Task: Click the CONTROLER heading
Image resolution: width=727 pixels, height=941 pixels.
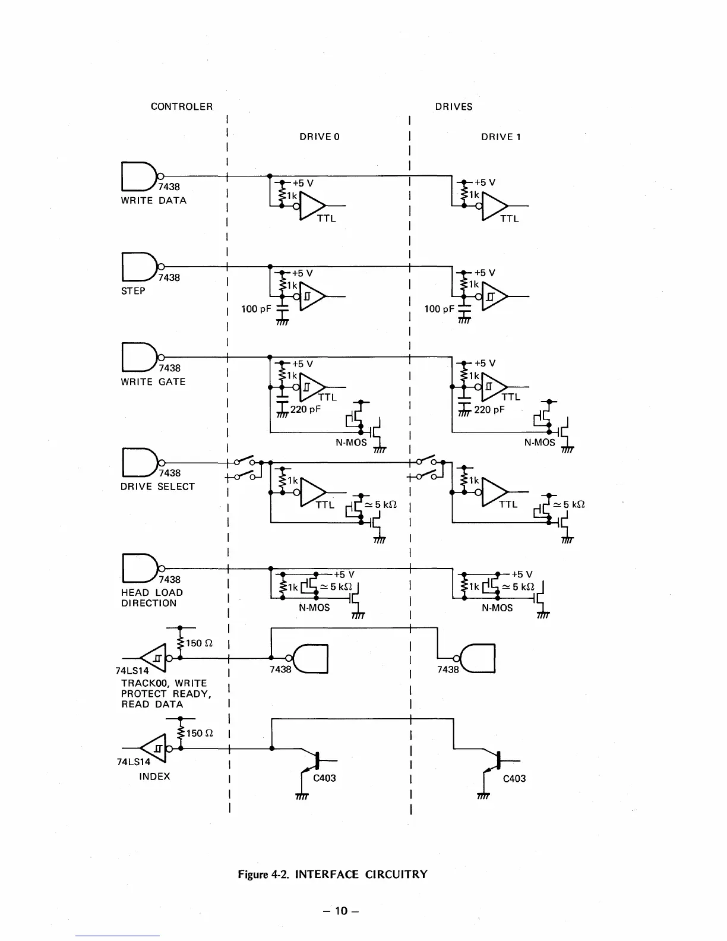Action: click(181, 107)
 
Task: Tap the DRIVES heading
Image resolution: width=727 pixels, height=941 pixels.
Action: click(454, 107)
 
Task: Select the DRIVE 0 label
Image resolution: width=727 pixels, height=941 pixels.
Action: click(320, 137)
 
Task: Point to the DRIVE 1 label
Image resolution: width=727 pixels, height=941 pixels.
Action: click(501, 137)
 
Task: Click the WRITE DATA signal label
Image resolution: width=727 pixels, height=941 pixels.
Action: click(154, 201)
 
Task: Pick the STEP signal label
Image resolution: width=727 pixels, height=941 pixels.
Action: click(133, 291)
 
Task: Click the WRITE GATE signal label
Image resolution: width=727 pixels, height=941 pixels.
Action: click(153, 382)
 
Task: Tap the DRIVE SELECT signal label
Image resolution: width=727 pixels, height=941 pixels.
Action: click(157, 487)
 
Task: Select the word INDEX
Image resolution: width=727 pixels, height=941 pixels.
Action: click(154, 776)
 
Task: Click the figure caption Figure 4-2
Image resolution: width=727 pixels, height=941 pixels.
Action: click(332, 874)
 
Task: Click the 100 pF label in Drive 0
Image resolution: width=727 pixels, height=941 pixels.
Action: click(257, 309)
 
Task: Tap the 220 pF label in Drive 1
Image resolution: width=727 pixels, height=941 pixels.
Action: click(489, 410)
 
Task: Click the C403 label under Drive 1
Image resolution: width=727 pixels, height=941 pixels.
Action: click(514, 779)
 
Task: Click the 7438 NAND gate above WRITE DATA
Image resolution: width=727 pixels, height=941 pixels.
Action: click(138, 176)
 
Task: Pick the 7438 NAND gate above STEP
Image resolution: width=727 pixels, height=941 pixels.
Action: click(138, 267)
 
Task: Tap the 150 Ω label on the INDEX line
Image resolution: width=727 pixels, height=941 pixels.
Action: click(200, 734)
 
